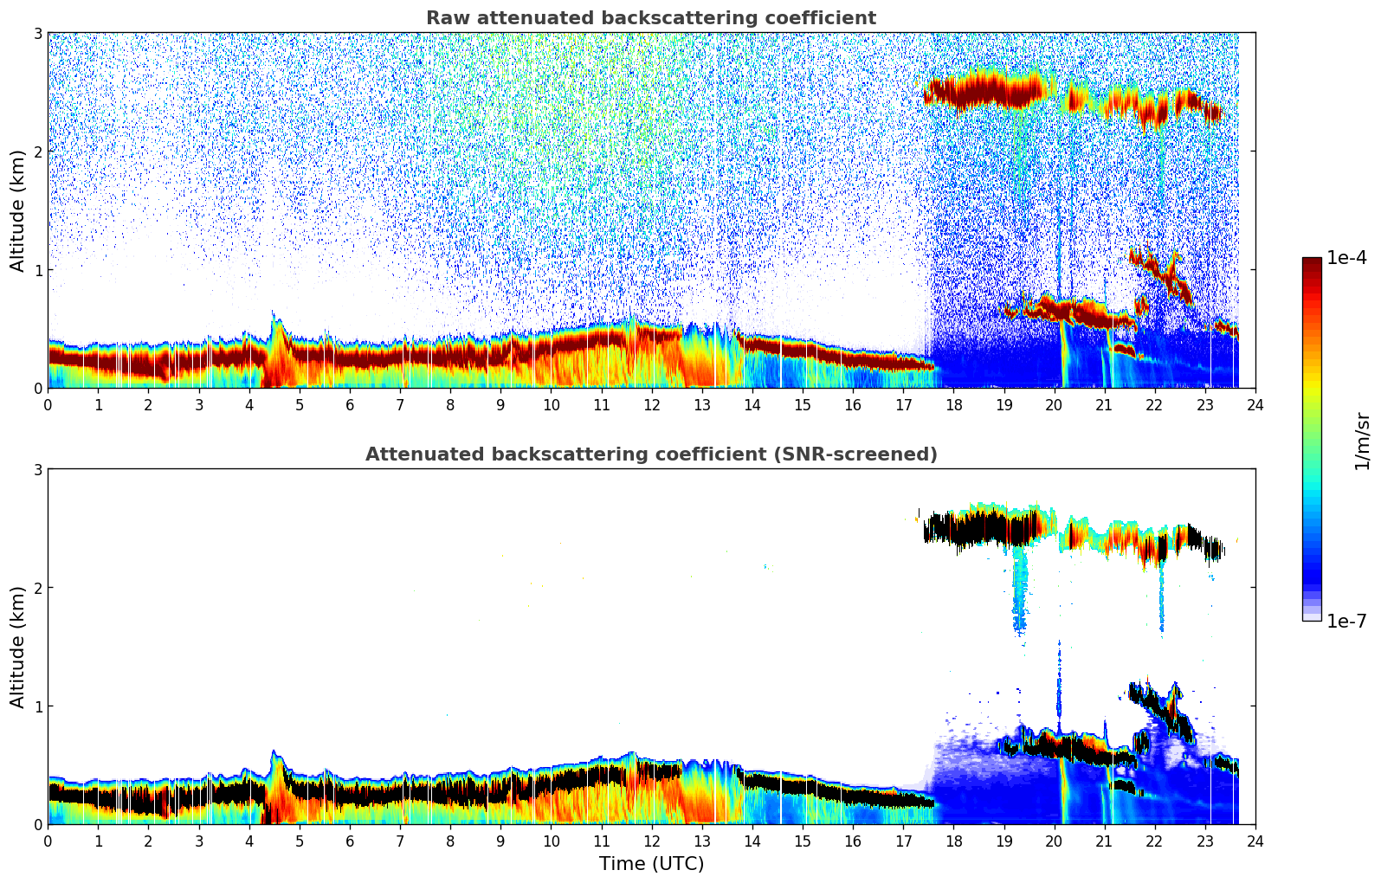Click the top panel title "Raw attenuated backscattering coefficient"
pyautogui.click(x=650, y=18)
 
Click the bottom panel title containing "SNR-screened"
pyautogui.click(x=650, y=454)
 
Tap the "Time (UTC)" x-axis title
pyautogui.click(x=651, y=863)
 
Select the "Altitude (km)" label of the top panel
pyautogui.click(x=18, y=210)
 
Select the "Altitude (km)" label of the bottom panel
pyautogui.click(x=18, y=647)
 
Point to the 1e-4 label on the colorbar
pyautogui.click(x=1346, y=258)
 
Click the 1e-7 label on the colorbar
pyautogui.click(x=1346, y=621)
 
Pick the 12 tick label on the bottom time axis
pyautogui.click(x=651, y=841)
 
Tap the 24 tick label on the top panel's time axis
pyautogui.click(x=1255, y=405)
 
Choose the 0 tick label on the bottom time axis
pyautogui.click(x=48, y=841)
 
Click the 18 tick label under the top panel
pyautogui.click(x=953, y=405)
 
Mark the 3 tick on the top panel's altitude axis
pyautogui.click(x=37, y=33)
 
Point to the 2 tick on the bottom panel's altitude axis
pyautogui.click(x=37, y=588)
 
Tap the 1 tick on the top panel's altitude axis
pyautogui.click(x=37, y=270)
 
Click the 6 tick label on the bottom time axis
pyautogui.click(x=350, y=841)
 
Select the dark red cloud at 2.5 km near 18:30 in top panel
pyautogui.click(x=978, y=90)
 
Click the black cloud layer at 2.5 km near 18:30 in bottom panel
pyautogui.click(x=978, y=526)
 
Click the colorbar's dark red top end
pyautogui.click(x=1311, y=261)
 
